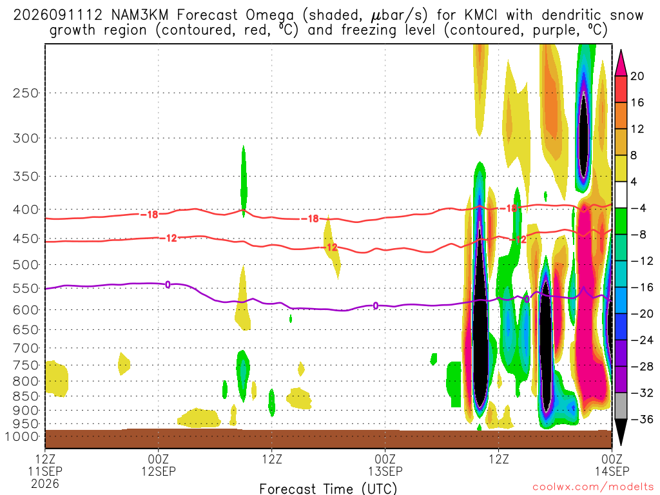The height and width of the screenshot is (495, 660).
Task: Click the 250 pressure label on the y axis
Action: pos(26,93)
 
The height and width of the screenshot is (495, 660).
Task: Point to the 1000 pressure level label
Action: pos(23,437)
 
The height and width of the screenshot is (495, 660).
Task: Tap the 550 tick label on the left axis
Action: pos(26,289)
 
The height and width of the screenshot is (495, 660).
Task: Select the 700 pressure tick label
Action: pos(26,349)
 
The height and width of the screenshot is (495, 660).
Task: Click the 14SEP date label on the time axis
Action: pos(612,471)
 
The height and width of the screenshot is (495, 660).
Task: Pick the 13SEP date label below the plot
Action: pos(385,471)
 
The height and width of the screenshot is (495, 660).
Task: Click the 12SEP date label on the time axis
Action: pos(159,471)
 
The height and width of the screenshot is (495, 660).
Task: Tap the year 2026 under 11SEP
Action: pos(45,483)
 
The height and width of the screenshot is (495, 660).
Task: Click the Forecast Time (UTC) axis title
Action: pos(328,489)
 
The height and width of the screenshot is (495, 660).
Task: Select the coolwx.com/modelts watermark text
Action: pos(593,487)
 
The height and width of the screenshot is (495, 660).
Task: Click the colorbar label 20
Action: pos(637,76)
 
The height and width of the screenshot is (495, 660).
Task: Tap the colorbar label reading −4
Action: pos(639,208)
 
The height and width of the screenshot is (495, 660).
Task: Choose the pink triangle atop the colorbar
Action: pos(621,63)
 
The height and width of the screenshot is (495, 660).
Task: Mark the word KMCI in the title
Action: pos(481,15)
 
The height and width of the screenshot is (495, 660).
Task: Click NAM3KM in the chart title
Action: pos(140,15)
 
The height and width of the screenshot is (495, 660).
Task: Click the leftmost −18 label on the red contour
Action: pos(149,215)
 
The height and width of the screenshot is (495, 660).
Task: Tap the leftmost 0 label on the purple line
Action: pos(168,285)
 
